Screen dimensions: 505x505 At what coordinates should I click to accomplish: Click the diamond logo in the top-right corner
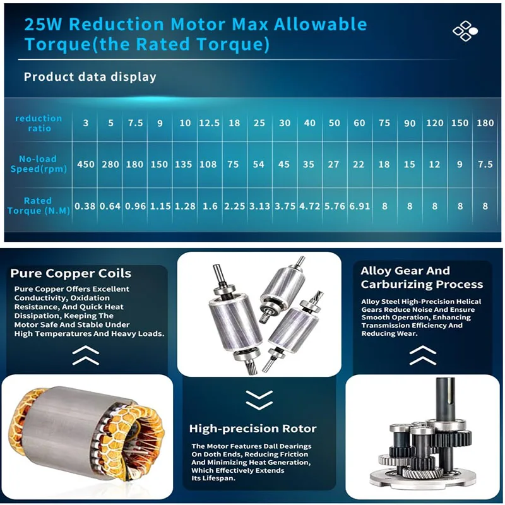click(465, 31)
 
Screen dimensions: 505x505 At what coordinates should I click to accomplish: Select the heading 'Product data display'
click(90, 77)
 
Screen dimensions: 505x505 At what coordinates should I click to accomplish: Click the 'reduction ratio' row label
click(39, 123)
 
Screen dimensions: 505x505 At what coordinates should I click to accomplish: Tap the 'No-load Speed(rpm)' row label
click(38, 164)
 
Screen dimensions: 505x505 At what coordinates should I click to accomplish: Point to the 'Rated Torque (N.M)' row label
click(37, 205)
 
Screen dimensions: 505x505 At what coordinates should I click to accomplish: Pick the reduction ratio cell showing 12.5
click(209, 123)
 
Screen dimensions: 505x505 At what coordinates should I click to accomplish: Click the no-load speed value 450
click(86, 164)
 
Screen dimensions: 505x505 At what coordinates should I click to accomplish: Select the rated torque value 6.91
click(359, 206)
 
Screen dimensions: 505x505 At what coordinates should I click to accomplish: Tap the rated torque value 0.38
click(86, 206)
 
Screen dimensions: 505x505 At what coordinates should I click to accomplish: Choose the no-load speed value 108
click(209, 164)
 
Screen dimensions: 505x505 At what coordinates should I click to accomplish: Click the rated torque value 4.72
click(309, 206)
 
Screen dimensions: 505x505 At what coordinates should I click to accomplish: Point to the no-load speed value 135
click(184, 164)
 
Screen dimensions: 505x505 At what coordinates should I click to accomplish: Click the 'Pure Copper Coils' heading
click(71, 273)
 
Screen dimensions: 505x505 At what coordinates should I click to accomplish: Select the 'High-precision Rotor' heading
click(253, 429)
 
